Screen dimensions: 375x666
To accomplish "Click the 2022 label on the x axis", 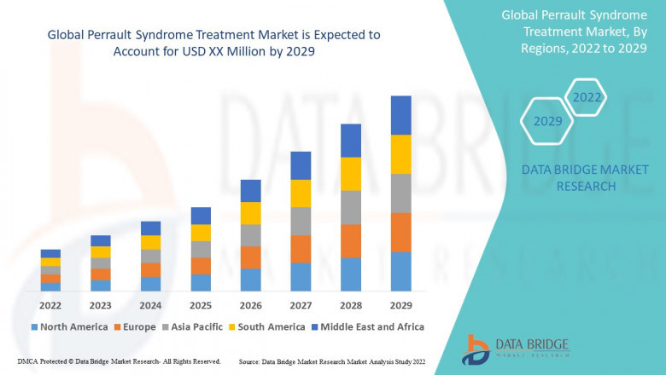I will click(50, 304).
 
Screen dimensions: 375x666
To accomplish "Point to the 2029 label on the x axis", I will click(400, 304).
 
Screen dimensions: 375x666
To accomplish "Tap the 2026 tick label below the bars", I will click(250, 304).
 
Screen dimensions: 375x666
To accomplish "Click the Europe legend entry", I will click(134, 326).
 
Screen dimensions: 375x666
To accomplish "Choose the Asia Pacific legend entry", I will click(192, 326).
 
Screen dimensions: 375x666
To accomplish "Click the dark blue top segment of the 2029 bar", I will click(400, 115).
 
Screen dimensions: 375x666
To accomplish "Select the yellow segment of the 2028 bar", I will click(351, 174).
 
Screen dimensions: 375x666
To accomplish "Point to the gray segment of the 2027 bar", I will click(301, 221).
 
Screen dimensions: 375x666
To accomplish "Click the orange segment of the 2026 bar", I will click(250, 257).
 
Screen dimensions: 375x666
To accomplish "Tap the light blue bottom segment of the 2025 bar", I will click(201, 283).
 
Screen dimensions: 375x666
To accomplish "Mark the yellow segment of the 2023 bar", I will click(101, 251).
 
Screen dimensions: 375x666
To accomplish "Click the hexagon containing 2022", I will click(587, 97).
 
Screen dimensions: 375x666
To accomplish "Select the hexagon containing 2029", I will click(547, 121).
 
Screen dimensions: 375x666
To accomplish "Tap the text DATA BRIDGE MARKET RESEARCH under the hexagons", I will click(569, 178).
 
